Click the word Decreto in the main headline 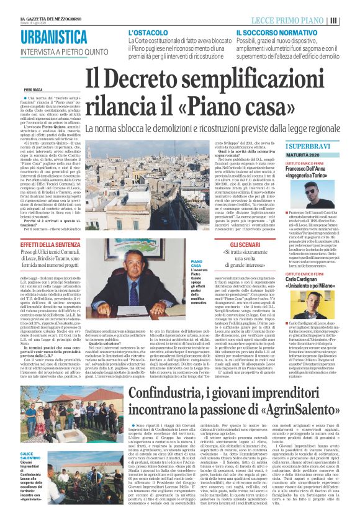click(150, 79)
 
